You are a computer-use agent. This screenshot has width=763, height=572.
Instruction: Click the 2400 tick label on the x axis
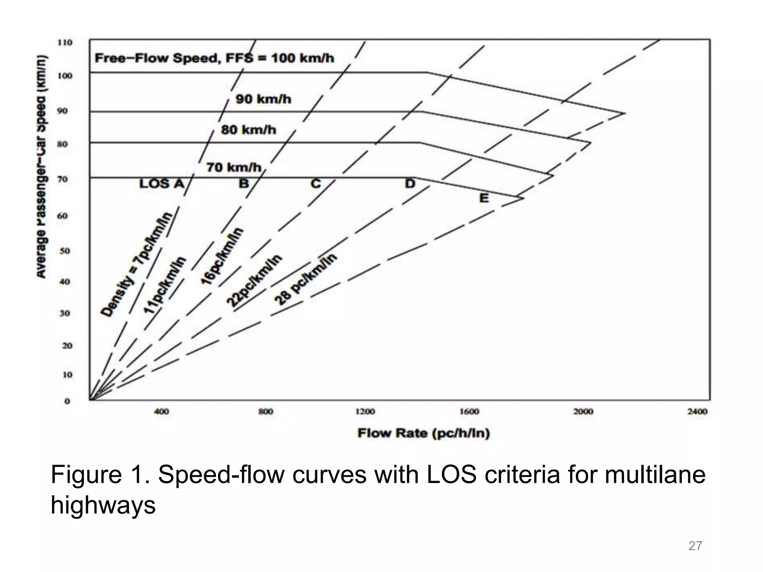(x=697, y=411)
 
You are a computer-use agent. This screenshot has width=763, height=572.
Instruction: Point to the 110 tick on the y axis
(x=65, y=42)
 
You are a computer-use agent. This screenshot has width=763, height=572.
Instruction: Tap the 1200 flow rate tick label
(x=365, y=411)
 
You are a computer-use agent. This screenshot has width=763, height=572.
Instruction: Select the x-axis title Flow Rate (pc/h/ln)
(x=424, y=433)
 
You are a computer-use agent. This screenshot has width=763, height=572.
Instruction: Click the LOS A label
(x=162, y=184)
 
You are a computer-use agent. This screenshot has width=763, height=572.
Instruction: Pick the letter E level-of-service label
(x=484, y=198)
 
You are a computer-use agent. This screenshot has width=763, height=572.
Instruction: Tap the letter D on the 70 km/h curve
(x=410, y=184)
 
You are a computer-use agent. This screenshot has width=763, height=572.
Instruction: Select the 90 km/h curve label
(x=263, y=99)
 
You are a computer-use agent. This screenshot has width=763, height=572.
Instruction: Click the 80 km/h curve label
(x=248, y=130)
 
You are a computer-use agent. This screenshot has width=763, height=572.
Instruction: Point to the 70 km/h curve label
(x=234, y=168)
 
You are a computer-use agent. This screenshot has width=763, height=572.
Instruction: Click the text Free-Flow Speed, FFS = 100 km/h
(x=214, y=58)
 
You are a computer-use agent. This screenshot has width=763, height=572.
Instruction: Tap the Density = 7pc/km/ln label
(x=137, y=265)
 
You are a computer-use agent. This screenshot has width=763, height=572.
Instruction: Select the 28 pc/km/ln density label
(x=305, y=279)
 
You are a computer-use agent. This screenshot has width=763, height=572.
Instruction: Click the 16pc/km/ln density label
(x=222, y=256)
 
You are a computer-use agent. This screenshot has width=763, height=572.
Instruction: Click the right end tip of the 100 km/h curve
(x=625, y=113)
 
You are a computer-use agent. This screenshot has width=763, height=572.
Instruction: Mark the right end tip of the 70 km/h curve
(x=523, y=198)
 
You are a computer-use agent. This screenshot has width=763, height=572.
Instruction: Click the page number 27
(x=695, y=546)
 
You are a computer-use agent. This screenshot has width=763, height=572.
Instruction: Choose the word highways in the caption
(x=103, y=505)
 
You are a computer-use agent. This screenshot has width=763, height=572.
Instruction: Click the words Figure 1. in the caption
(x=100, y=475)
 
